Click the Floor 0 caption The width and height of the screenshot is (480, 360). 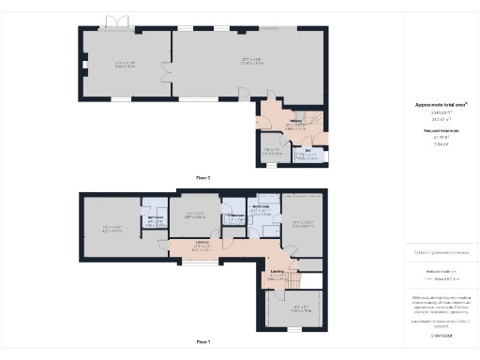point(203,177)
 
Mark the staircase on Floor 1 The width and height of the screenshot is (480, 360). point(297,281)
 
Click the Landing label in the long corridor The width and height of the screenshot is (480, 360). point(202,245)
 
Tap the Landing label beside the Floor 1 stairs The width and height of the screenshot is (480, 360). point(277,272)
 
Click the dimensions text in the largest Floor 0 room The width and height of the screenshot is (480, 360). point(246,62)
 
